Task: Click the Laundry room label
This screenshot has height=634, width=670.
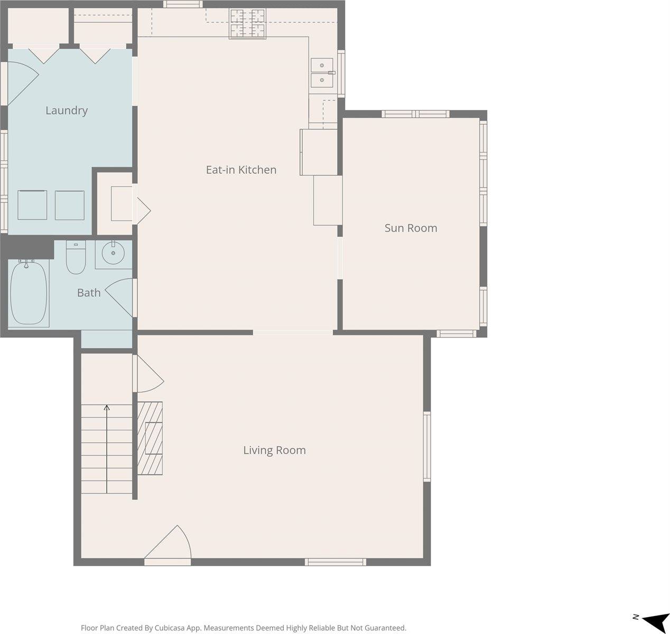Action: point(66,110)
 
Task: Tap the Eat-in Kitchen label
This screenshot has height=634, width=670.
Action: point(241,170)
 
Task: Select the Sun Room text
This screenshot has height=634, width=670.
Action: point(411,228)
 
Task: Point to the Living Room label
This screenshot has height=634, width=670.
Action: point(274,450)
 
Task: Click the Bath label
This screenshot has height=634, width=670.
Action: point(89,293)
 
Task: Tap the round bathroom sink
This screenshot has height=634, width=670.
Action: point(113,254)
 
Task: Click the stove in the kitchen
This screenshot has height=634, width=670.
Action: point(247,24)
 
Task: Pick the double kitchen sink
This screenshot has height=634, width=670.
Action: point(322,72)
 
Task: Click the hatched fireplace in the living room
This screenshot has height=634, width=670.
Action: point(150,438)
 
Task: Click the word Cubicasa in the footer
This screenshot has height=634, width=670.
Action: point(170,628)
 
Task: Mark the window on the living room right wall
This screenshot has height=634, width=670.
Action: point(427,446)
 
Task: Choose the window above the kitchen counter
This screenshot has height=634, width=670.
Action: point(182,4)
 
